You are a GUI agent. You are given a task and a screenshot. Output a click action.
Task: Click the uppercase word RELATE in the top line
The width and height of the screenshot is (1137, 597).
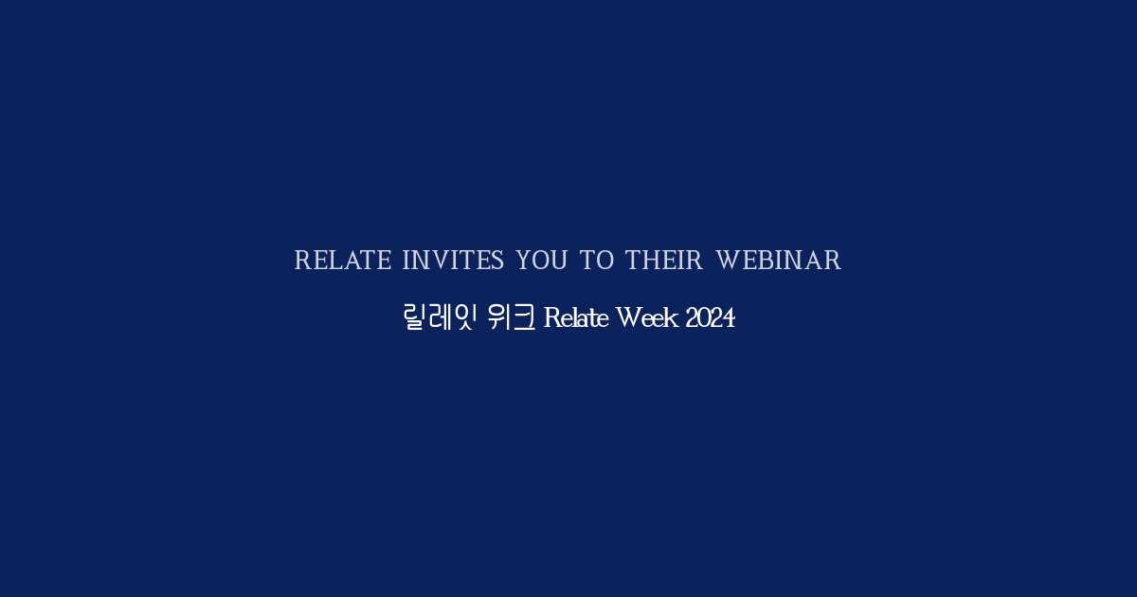click(342, 261)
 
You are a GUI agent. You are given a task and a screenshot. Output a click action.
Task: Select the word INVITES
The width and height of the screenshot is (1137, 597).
click(453, 261)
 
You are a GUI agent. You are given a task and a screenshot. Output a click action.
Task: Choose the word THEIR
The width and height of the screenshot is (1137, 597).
click(663, 261)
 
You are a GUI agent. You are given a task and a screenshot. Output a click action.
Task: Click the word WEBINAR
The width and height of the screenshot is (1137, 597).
click(778, 261)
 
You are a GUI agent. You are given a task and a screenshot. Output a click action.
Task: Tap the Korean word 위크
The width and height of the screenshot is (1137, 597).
click(511, 317)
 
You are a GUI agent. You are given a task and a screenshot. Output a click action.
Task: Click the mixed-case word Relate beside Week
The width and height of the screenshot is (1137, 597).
click(577, 318)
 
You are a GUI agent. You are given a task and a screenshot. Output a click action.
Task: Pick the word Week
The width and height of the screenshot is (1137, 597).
click(647, 318)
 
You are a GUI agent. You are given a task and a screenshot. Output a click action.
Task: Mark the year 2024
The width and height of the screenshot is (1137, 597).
click(710, 318)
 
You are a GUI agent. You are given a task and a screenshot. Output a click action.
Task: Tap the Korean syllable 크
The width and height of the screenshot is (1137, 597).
click(524, 317)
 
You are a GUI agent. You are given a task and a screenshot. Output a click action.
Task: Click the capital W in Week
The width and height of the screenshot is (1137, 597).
click(628, 318)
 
